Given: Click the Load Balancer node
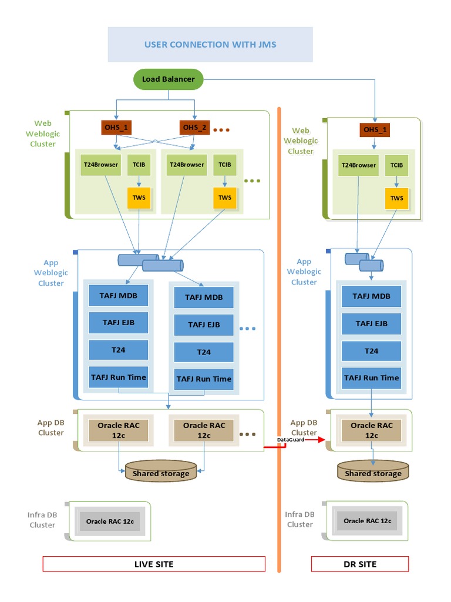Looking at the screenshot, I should pos(168,79).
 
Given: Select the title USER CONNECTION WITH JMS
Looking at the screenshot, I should pos(210,44).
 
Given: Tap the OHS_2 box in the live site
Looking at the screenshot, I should pos(194,127).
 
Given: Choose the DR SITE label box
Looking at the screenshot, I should pos(359,564).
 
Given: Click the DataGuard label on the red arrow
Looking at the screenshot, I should pos(291,439).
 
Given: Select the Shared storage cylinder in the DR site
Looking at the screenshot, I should pos(373,471).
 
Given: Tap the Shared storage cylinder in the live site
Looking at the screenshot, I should pos(161,471).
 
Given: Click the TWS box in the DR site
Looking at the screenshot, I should pos(397,198).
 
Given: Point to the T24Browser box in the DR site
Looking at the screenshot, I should pos(359,165).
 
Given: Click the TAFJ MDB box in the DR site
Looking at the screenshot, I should pos(371,296).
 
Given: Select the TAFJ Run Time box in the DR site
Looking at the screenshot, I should pos(371,377).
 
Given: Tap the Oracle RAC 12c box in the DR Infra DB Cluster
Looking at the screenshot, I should pos(367,521).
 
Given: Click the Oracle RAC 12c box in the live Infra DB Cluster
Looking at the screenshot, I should pos(110,521).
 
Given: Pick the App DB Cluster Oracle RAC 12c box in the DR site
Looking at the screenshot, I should pos(371,430).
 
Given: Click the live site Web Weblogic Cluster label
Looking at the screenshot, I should pos(43,133).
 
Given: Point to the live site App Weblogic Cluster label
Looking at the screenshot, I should pos(51,273).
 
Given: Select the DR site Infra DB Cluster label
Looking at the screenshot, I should pos(299,519).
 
